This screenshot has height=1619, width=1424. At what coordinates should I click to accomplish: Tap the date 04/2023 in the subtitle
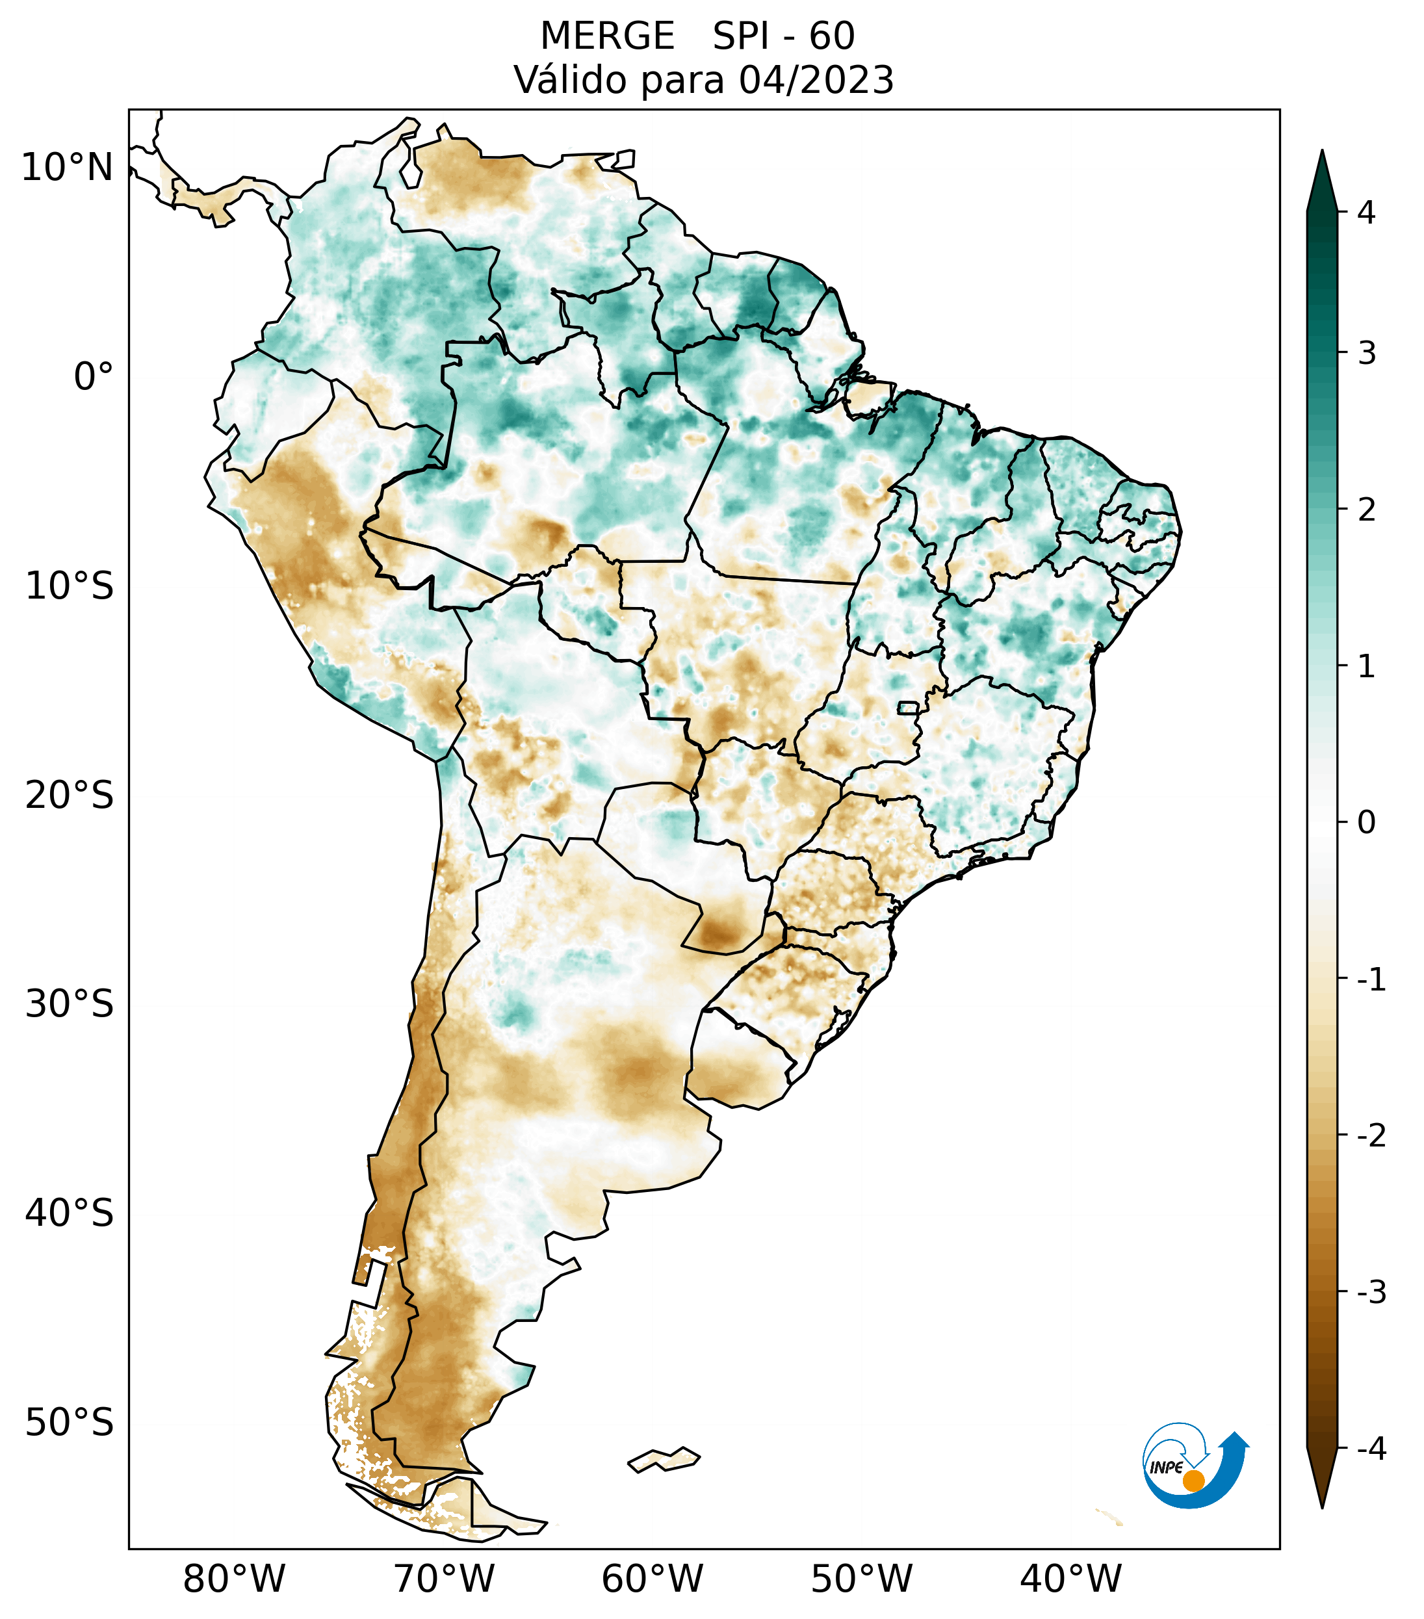pyautogui.click(x=816, y=80)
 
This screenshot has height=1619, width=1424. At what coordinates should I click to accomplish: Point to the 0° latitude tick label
pyautogui.click(x=94, y=377)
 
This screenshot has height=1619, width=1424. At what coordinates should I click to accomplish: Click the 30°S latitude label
pyautogui.click(x=70, y=1004)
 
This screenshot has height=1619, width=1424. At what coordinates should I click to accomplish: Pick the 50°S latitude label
pyautogui.click(x=70, y=1422)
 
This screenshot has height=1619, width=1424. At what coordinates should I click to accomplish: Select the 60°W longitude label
pyautogui.click(x=652, y=1578)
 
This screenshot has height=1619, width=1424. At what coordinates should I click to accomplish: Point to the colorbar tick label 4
pyautogui.click(x=1366, y=213)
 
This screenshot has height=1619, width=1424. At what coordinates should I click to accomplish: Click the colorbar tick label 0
pyautogui.click(x=1366, y=822)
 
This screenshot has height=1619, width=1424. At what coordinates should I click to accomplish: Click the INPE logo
pyautogui.click(x=1195, y=1464)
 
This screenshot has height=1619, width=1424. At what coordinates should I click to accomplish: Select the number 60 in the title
pyautogui.click(x=832, y=36)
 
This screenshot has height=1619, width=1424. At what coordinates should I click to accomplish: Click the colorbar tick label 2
pyautogui.click(x=1366, y=510)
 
